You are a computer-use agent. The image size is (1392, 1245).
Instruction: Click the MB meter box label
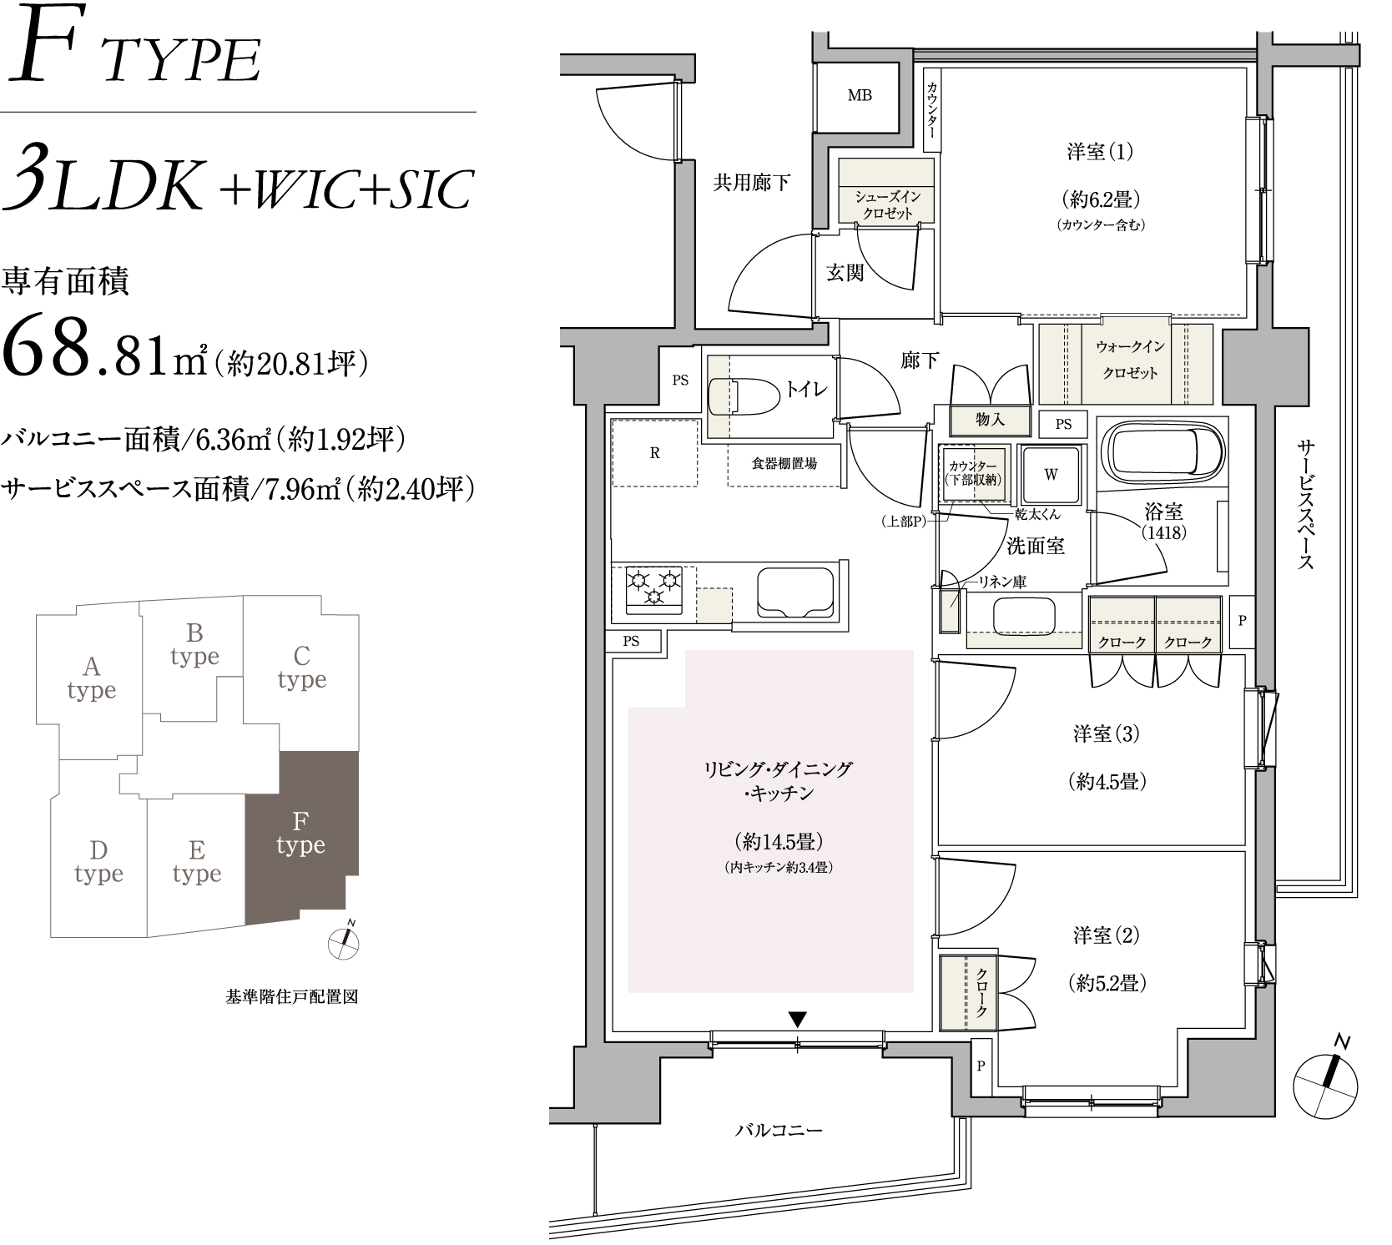tap(860, 95)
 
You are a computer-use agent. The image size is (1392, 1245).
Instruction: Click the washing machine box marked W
tap(1051, 474)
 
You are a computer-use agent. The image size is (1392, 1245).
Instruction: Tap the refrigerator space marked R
tap(654, 452)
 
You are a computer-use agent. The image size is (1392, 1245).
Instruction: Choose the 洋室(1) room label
tap(1100, 152)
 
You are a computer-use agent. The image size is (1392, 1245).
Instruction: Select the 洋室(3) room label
tap(1107, 734)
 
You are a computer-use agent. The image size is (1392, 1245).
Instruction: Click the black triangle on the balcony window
tap(799, 1019)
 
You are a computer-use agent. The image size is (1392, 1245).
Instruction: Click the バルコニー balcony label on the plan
tap(779, 1131)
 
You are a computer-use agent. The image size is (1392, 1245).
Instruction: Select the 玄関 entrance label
tap(845, 272)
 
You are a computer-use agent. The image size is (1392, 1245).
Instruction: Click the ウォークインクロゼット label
tap(1130, 360)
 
